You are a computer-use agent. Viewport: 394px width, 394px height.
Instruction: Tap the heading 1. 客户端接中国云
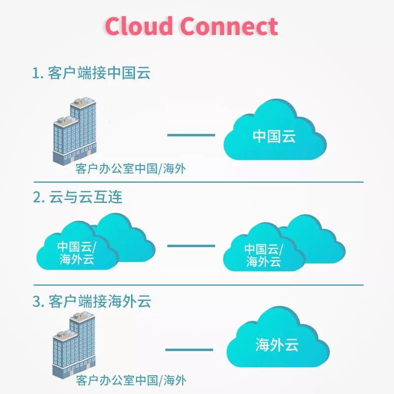tap(91, 73)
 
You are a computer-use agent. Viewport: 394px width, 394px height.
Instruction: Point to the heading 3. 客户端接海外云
tap(92, 301)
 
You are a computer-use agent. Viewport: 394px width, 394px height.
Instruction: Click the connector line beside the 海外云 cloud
tap(189, 350)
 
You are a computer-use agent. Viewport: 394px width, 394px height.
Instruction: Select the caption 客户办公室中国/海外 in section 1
tap(131, 169)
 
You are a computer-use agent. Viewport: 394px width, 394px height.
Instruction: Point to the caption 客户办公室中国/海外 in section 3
tap(131, 380)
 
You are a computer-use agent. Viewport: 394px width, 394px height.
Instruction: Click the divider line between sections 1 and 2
tap(197, 182)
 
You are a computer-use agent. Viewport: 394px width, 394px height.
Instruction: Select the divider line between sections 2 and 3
tap(197, 285)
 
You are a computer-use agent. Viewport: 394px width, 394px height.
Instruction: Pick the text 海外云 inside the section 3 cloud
tap(277, 345)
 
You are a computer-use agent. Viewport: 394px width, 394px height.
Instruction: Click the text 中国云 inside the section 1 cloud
tap(274, 136)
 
